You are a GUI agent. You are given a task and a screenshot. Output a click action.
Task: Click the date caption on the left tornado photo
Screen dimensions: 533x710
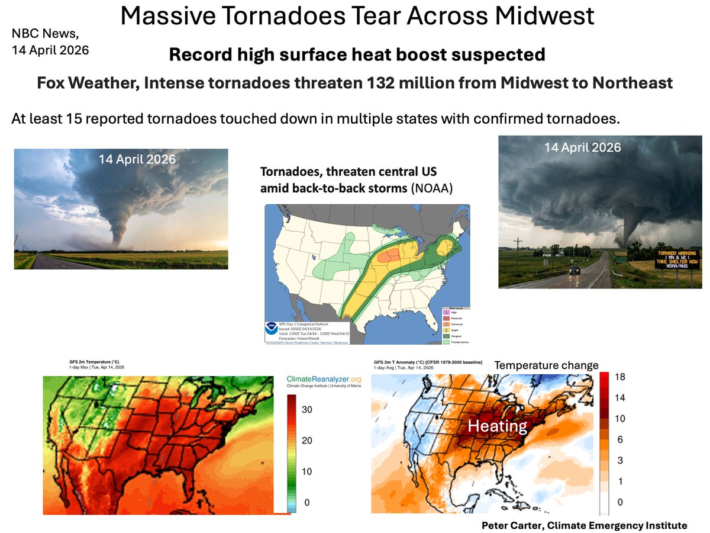(137, 159)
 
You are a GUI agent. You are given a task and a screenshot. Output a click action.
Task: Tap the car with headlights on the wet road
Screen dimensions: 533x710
(575, 270)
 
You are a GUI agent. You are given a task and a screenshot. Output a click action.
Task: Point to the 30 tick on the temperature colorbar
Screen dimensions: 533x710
(308, 410)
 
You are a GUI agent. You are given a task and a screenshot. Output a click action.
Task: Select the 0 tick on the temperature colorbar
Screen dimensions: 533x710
(305, 502)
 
